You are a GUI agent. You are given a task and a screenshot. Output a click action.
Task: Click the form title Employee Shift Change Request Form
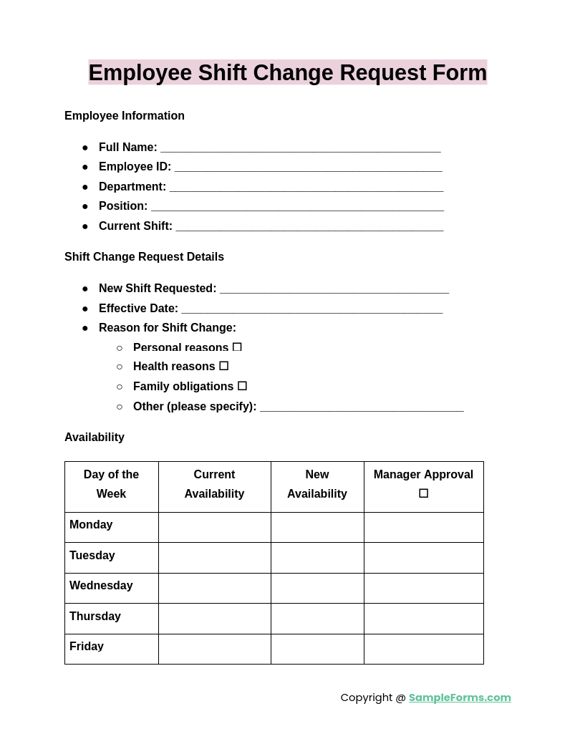[287, 73]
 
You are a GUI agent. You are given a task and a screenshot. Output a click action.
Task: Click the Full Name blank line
[300, 148]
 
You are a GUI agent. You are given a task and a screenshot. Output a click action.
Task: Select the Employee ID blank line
[308, 168]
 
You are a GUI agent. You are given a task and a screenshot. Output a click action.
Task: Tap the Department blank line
[306, 188]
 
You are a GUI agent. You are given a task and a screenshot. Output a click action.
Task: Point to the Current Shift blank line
[309, 227]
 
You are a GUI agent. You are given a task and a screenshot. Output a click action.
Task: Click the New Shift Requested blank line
[334, 289]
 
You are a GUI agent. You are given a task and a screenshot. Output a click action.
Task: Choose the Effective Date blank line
[311, 309]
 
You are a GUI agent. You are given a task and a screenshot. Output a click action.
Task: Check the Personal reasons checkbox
[237, 347]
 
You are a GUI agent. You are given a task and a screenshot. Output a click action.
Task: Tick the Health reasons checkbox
[224, 366]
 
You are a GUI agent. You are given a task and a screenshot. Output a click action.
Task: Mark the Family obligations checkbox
[242, 386]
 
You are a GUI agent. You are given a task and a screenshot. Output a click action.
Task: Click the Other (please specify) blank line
[362, 407]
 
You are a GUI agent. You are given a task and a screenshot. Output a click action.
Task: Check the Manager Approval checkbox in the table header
[424, 493]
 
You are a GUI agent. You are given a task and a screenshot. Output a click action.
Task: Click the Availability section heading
[95, 438]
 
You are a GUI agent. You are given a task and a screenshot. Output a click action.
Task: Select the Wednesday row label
[101, 586]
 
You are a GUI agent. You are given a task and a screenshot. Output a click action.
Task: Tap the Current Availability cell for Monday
[215, 527]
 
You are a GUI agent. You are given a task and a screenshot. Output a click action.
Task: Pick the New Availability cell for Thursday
[317, 619]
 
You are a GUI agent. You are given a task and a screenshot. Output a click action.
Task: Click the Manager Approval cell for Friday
[424, 649]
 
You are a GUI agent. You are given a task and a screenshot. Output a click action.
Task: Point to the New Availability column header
[317, 484]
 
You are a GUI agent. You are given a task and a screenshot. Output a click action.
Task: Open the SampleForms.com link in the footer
[460, 697]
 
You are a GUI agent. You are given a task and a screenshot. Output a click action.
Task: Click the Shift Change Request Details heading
[144, 257]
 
